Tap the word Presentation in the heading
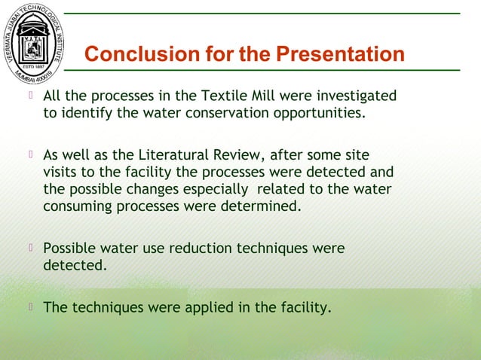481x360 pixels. click(340, 55)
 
